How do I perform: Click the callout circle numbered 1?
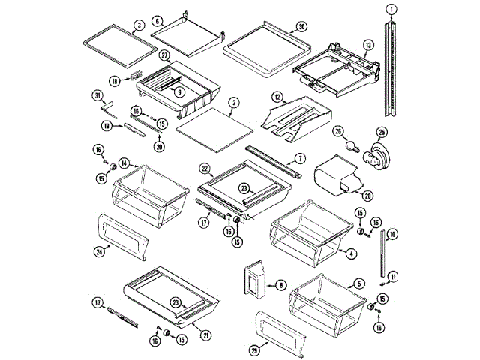[x=391, y=8]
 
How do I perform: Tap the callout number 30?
[x=301, y=25]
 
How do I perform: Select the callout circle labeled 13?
[x=367, y=46]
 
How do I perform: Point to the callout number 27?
[x=164, y=55]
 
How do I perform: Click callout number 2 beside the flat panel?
[x=235, y=103]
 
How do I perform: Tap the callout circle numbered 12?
[x=277, y=97]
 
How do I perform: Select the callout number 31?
[x=97, y=94]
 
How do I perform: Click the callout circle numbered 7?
[x=299, y=158]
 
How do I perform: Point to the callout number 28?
[x=367, y=196]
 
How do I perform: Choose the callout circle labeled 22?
[x=204, y=168]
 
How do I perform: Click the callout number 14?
[x=123, y=162]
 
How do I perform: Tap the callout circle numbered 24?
[x=99, y=252]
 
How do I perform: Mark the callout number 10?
[x=393, y=235]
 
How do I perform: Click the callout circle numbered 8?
[x=280, y=284]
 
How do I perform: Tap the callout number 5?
[x=360, y=283]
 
